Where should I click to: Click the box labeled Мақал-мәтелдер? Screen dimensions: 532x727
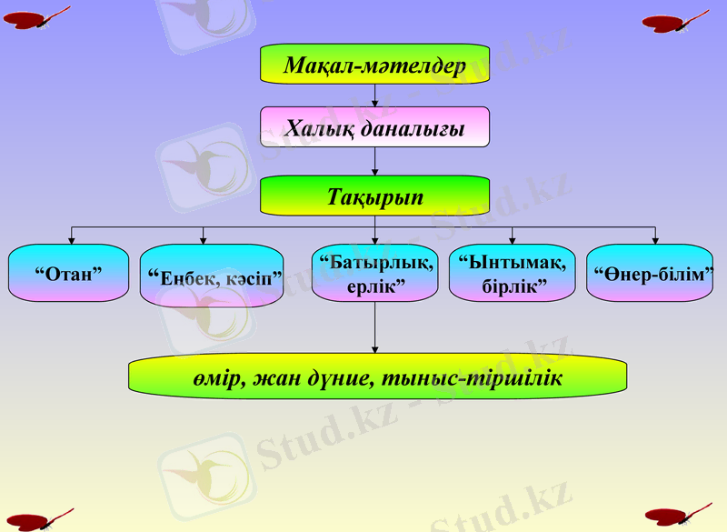pyautogui.click(x=374, y=65)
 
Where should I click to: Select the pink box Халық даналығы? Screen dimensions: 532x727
pyautogui.click(x=374, y=127)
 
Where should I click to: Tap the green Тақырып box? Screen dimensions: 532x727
pyautogui.click(x=374, y=196)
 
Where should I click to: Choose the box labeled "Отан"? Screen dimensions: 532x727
pyautogui.click(x=68, y=273)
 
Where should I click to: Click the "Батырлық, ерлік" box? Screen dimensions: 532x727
pyautogui.click(x=374, y=273)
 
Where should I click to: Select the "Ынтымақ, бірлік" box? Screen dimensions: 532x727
pyautogui.click(x=512, y=273)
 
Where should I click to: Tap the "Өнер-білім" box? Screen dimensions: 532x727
pyautogui.click(x=649, y=273)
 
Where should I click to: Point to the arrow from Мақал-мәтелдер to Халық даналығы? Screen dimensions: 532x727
pyautogui.click(x=374, y=95)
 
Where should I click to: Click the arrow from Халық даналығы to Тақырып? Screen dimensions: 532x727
pyautogui.click(x=374, y=162)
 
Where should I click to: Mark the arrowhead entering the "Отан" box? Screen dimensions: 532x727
pyautogui.click(x=72, y=239)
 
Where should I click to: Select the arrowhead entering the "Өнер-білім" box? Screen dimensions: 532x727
pyautogui.click(x=654, y=239)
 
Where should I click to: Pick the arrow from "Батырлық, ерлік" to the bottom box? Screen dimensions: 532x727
pyautogui.click(x=374, y=327)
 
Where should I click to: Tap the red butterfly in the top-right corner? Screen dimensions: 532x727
pyautogui.click(x=676, y=20)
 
